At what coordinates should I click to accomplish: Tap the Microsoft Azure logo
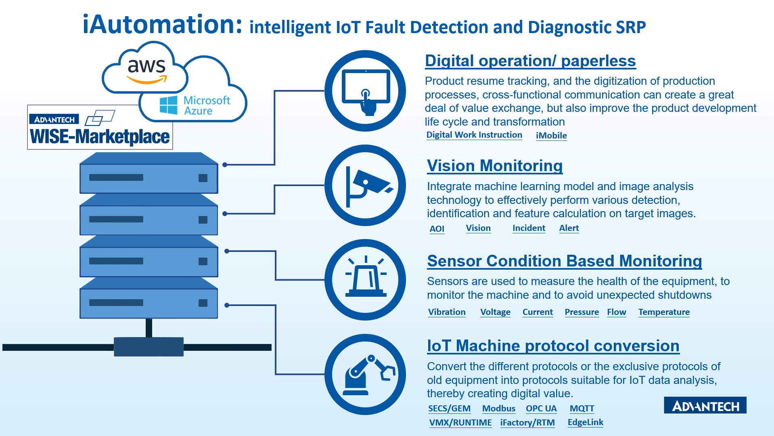195,105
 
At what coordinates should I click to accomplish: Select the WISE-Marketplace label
100,136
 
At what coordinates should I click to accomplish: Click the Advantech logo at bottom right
705,405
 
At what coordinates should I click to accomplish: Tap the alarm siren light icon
366,277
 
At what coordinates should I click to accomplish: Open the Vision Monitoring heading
495,166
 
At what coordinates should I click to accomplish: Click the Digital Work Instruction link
474,135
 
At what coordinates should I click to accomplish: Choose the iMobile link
551,136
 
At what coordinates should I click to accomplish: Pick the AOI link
437,229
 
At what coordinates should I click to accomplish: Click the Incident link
529,228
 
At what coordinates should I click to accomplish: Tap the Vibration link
447,312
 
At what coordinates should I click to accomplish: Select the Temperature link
664,312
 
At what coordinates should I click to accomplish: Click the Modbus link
499,409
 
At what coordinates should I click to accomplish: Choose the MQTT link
582,409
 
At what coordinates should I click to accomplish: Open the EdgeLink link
586,422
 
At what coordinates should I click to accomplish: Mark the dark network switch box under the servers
149,347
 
